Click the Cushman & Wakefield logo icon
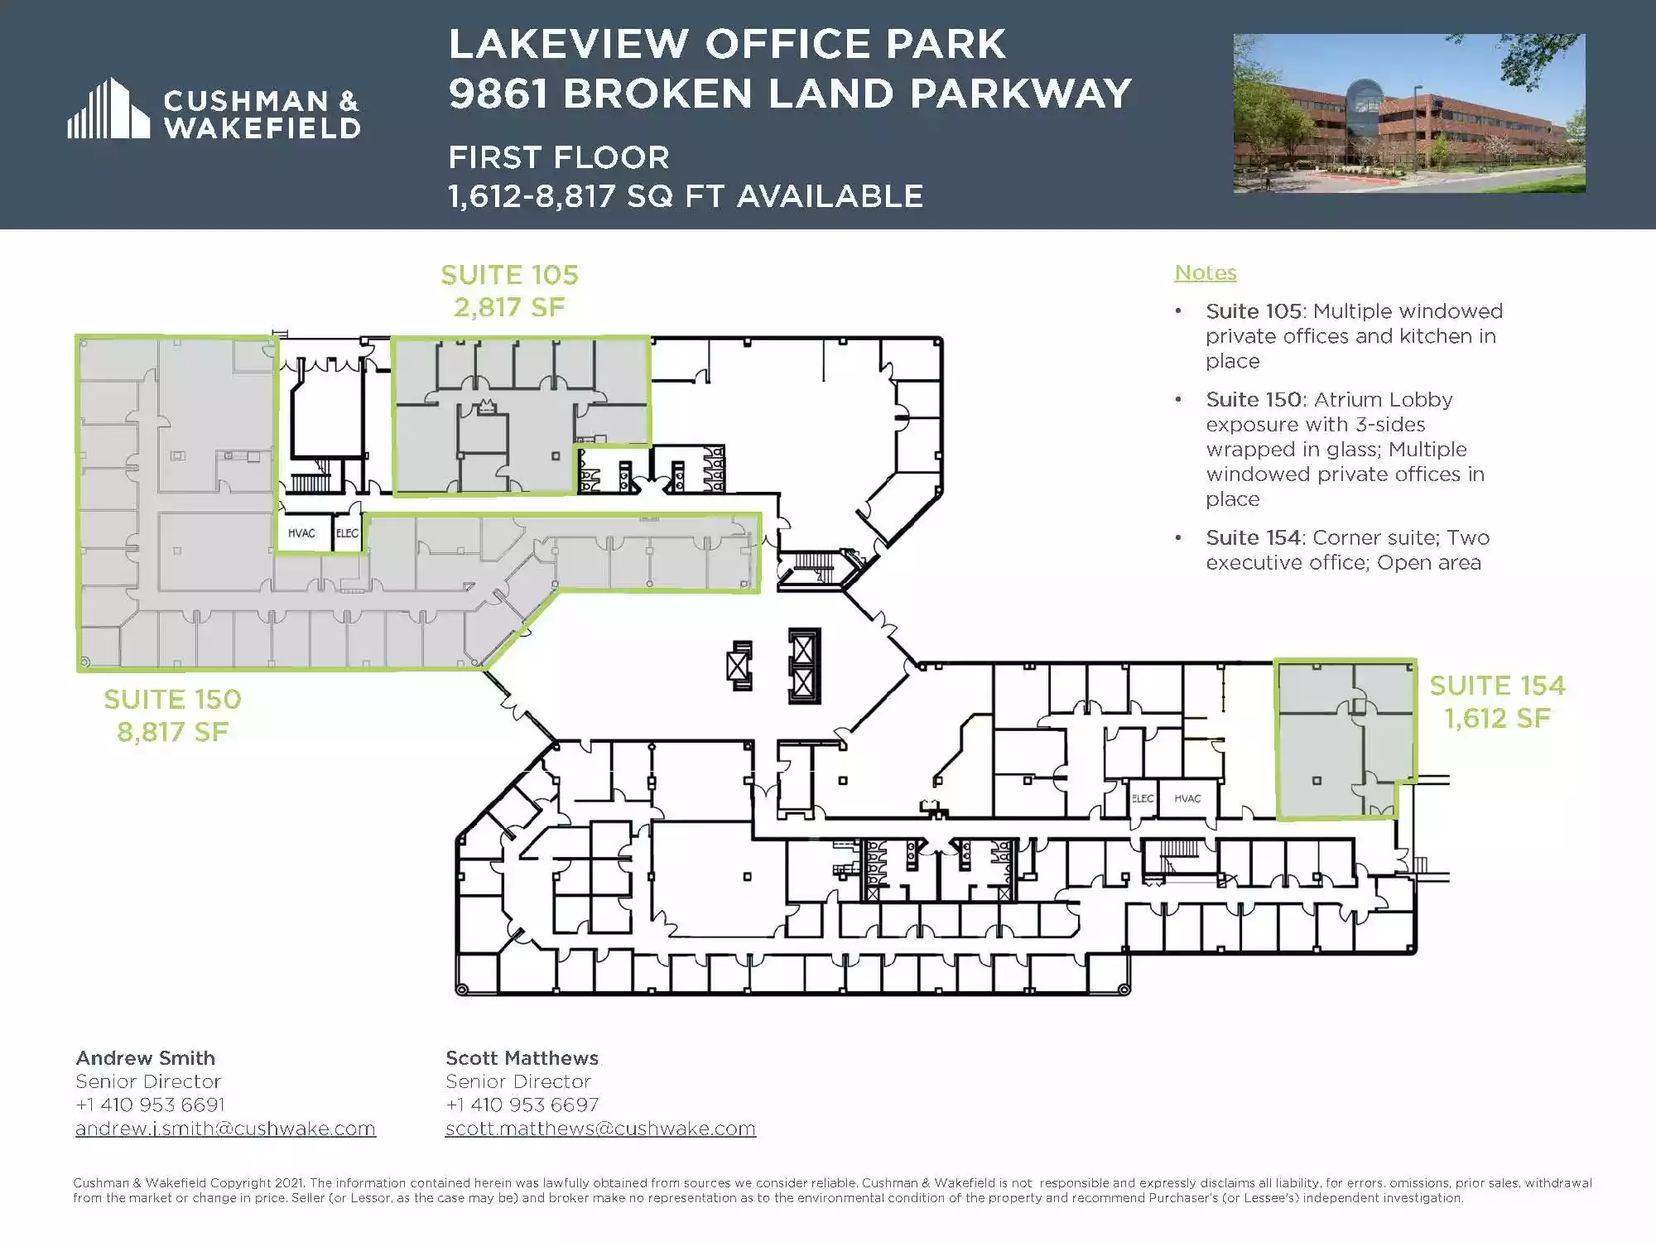pyautogui.click(x=108, y=108)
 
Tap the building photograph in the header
pyautogui.click(x=1409, y=113)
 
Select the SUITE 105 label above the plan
pyautogui.click(x=509, y=275)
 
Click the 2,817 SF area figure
pyautogui.click(x=509, y=307)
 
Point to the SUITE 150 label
pyautogui.click(x=172, y=700)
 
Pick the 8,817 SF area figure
pyautogui.click(x=172, y=732)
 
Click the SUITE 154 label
pyautogui.click(x=1497, y=686)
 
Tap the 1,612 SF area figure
pyautogui.click(x=1497, y=718)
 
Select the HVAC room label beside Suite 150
pyautogui.click(x=301, y=533)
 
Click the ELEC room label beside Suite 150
pyautogui.click(x=347, y=533)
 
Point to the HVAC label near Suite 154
pyautogui.click(x=1187, y=798)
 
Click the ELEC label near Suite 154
pyautogui.click(x=1143, y=798)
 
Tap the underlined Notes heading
pyautogui.click(x=1206, y=272)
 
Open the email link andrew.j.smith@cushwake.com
pyautogui.click(x=225, y=1129)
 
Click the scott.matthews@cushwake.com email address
pyautogui.click(x=600, y=1129)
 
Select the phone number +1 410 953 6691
pyautogui.click(x=150, y=1105)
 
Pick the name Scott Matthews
pyautogui.click(x=522, y=1058)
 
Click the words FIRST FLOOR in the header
pyautogui.click(x=559, y=157)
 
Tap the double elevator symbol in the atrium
pyautogui.click(x=804, y=666)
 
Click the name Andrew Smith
pyautogui.click(x=146, y=1058)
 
